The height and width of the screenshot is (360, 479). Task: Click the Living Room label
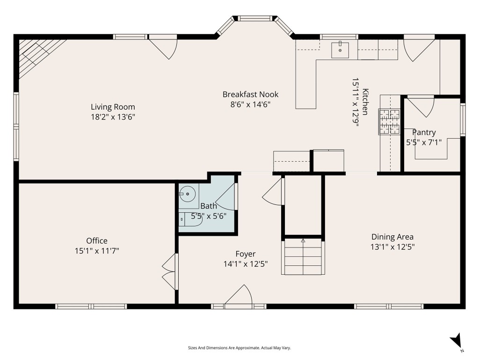pyautogui.click(x=113, y=107)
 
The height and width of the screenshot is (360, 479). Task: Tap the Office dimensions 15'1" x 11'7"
pyautogui.click(x=97, y=251)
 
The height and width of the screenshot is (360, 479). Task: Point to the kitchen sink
pyautogui.click(x=340, y=49)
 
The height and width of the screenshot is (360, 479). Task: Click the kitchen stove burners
pyautogui.click(x=390, y=121)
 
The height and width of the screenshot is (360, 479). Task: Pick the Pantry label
pyautogui.click(x=424, y=133)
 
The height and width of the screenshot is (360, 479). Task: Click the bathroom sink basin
pyautogui.click(x=188, y=193)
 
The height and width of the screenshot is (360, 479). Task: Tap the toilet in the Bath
pyautogui.click(x=189, y=219)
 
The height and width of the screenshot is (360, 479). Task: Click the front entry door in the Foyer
pyautogui.click(x=239, y=296)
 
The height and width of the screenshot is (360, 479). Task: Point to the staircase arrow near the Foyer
pyautogui.click(x=303, y=241)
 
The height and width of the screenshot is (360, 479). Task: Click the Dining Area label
pyautogui.click(x=392, y=237)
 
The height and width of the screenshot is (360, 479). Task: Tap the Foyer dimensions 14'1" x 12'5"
pyautogui.click(x=246, y=264)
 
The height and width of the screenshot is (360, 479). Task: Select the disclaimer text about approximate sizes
pyautogui.click(x=239, y=348)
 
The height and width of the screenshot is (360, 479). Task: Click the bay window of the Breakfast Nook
pyautogui.click(x=255, y=20)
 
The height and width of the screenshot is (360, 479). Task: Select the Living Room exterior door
pyautogui.click(x=164, y=47)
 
